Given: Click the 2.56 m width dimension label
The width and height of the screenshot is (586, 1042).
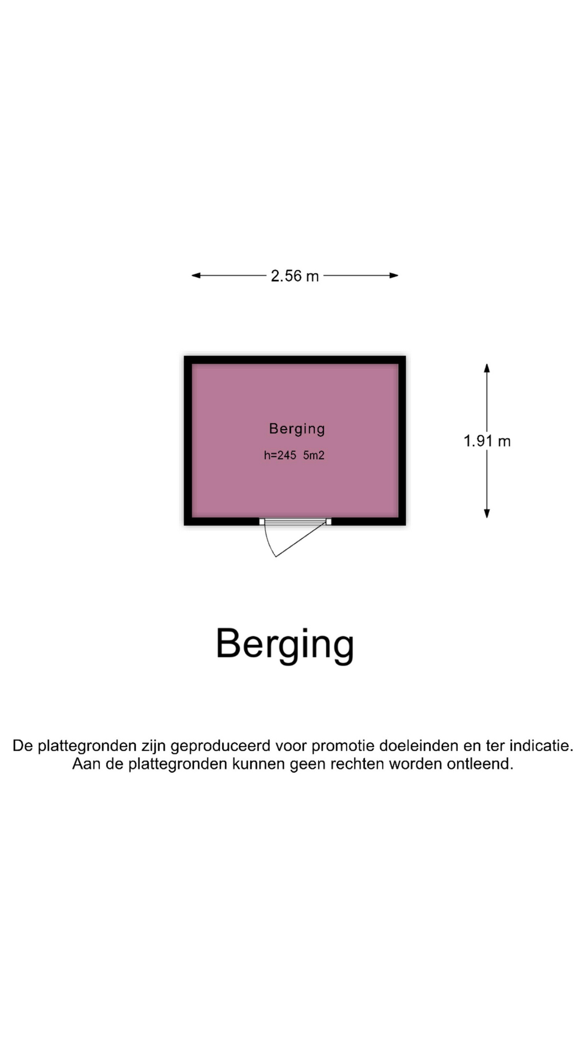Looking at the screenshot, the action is point(295,276).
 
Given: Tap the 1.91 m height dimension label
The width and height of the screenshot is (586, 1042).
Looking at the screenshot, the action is point(487,441).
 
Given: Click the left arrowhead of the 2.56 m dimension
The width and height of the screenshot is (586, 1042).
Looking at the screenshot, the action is point(196,276).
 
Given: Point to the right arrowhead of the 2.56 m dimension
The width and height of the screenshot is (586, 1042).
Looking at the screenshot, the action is point(394,276).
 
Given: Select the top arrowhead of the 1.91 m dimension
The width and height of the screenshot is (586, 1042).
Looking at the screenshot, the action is point(487,368).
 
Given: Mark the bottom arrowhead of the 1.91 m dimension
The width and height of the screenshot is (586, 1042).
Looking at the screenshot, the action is point(487,513).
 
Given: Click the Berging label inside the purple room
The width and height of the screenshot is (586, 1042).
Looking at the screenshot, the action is point(297,429).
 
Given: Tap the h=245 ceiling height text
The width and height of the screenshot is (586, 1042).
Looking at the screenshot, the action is point(280,455).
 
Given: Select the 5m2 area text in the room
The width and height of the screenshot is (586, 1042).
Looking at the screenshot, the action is point(314,455).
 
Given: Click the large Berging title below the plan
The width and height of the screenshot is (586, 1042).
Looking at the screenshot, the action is point(285,645).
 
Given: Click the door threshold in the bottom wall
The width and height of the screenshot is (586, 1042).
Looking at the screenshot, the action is point(295,522).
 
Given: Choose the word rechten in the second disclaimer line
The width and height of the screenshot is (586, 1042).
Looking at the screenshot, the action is point(358,764).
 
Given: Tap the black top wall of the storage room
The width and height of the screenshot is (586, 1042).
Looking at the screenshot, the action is point(295,360).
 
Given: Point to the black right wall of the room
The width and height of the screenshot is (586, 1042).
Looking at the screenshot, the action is point(402,441).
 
